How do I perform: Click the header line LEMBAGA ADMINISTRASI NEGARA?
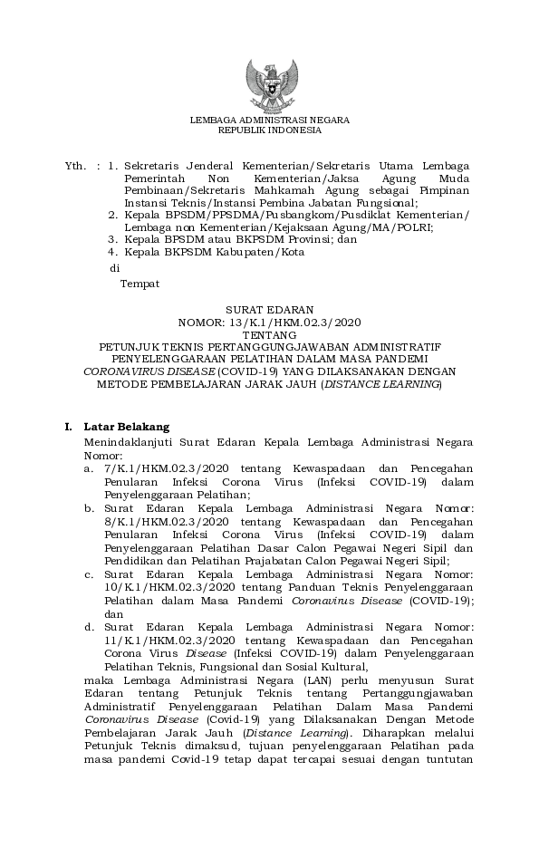[269, 120]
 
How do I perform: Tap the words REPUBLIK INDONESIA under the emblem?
[269, 130]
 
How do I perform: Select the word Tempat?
[140, 284]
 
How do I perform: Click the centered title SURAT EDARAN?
[269, 309]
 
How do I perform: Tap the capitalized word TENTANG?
[269, 334]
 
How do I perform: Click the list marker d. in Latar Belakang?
[89, 626]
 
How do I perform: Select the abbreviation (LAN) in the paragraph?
[275, 679]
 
